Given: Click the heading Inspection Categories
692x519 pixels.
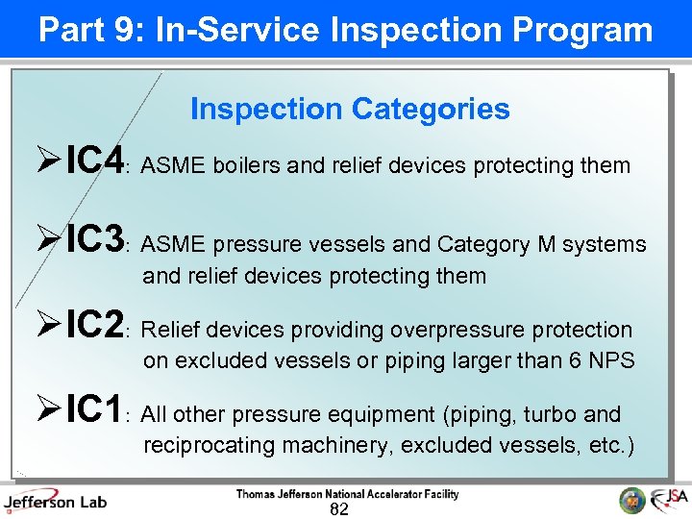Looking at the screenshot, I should tap(350, 109).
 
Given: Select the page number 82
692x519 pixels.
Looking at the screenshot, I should tap(338, 509).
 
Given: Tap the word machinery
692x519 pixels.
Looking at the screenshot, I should tap(344, 446).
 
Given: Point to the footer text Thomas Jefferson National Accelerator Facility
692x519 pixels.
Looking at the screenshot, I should tap(347, 494).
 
